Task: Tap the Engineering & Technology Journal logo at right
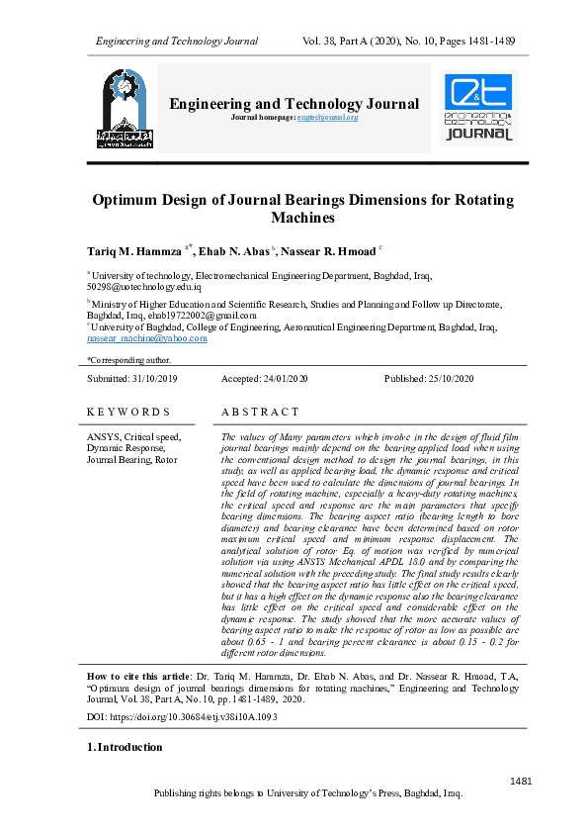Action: pyautogui.click(x=478, y=107)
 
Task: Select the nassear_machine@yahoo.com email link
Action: pyautogui.click(x=147, y=338)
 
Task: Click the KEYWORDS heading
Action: pyautogui.click(x=128, y=412)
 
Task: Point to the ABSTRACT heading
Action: pyautogui.click(x=260, y=412)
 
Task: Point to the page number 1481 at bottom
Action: pyautogui.click(x=521, y=782)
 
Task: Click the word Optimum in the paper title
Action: pyautogui.click(x=127, y=200)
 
